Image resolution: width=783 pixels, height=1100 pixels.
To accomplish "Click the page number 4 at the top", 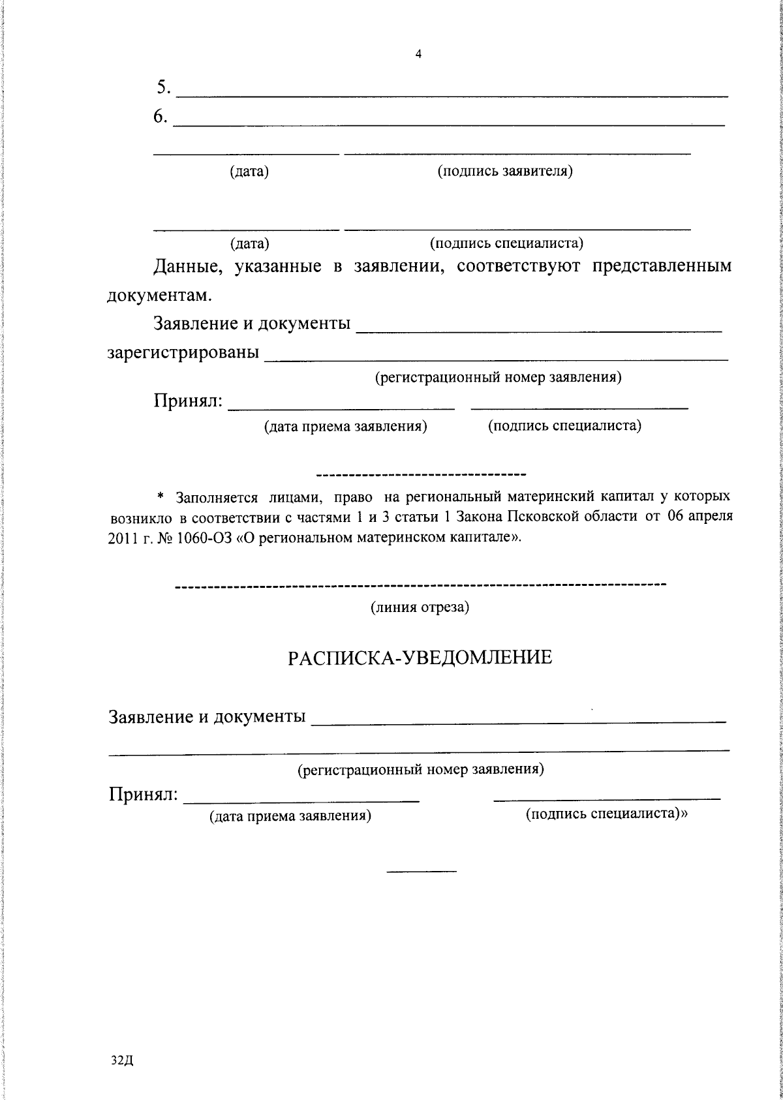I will pyautogui.click(x=418, y=55).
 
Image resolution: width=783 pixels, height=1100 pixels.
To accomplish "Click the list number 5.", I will pyautogui.click(x=163, y=87).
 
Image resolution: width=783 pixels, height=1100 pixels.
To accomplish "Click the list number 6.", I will pyautogui.click(x=161, y=115).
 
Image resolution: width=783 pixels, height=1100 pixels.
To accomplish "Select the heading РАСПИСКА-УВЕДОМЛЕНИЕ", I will pyautogui.click(x=420, y=657).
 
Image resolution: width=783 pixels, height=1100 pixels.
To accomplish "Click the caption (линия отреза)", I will pyautogui.click(x=420, y=607).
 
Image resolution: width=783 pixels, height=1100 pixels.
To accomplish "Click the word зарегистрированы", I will pyautogui.click(x=183, y=353).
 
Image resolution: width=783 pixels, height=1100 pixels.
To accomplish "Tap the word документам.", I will pyautogui.click(x=159, y=296).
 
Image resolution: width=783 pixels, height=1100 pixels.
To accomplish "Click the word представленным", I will pyautogui.click(x=661, y=266).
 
